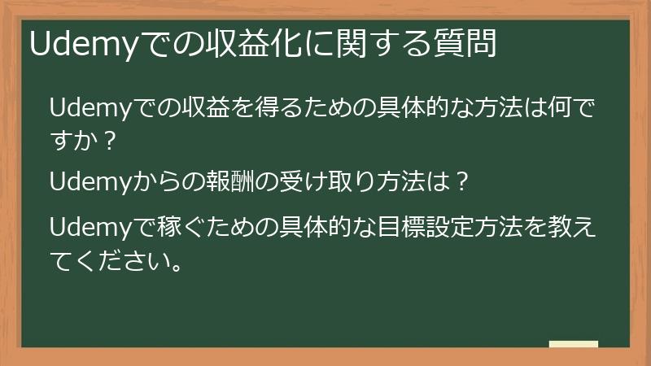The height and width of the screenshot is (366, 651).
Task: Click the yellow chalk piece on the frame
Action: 573,345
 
